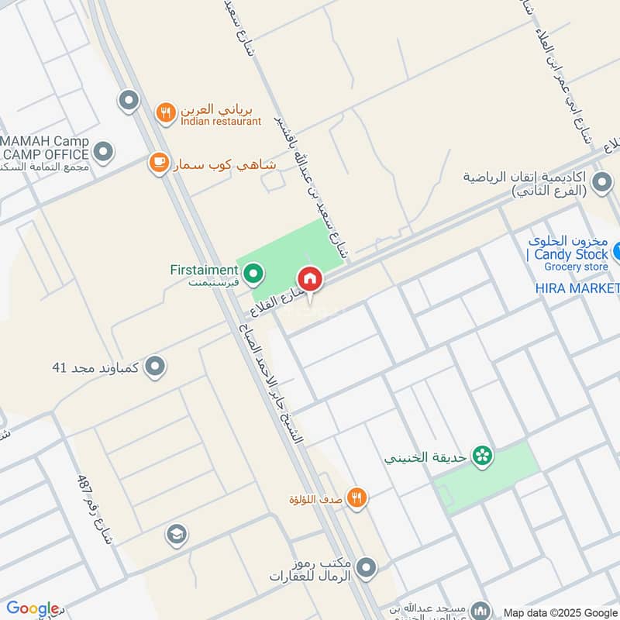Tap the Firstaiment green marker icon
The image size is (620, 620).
tap(253, 273)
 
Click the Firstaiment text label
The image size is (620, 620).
tap(204, 270)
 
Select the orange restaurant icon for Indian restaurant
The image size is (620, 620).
tap(165, 113)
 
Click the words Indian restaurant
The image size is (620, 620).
tap(221, 122)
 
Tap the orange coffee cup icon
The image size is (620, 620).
tap(159, 164)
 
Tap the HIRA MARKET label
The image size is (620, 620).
tap(578, 288)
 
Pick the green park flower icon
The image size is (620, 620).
tap(483, 456)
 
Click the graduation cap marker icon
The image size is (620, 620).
tap(176, 534)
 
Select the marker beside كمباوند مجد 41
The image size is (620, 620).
tap(156, 366)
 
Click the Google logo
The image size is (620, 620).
tap(33, 608)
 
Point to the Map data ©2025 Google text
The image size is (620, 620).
tap(560, 612)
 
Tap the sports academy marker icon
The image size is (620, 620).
tap(601, 184)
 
